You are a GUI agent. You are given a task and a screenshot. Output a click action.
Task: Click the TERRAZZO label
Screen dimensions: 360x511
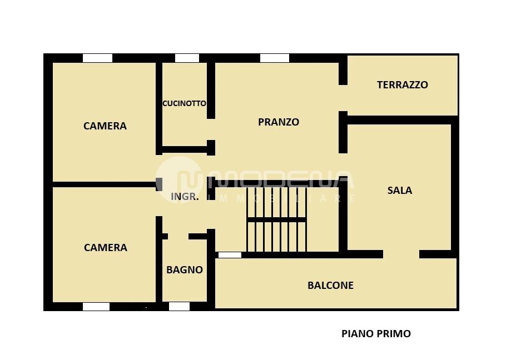tap(402, 85)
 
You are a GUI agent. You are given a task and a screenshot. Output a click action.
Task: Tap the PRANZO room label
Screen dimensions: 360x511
tap(278, 122)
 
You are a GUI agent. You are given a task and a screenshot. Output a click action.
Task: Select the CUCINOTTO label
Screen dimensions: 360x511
tap(184, 103)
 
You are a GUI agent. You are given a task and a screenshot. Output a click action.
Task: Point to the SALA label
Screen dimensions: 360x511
tap(399, 191)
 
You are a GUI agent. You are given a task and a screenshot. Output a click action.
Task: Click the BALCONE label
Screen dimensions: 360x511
tap(330, 286)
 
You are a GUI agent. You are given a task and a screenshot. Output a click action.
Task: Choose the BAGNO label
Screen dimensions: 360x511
tap(184, 270)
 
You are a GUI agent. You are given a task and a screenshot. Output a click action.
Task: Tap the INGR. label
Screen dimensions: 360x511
tap(184, 197)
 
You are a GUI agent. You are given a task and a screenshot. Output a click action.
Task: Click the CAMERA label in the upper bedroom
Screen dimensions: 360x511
tap(105, 126)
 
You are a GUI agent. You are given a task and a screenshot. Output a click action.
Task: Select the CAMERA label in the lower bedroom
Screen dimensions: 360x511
tap(105, 248)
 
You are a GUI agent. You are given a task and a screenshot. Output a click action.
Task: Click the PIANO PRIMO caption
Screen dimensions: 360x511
tap(376, 334)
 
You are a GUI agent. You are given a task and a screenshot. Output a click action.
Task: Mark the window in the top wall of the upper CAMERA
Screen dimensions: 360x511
tap(97, 58)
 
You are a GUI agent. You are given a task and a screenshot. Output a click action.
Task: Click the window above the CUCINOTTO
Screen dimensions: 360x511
tap(187, 58)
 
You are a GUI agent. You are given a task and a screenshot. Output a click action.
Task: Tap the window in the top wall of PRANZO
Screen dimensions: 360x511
tap(274, 58)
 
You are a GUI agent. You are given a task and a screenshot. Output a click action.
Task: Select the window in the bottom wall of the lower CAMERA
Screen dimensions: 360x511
tap(96, 307)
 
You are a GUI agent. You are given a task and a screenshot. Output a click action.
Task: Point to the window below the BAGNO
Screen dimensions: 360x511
tap(179, 307)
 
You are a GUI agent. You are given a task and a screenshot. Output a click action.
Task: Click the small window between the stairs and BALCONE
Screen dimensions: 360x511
tap(230, 255)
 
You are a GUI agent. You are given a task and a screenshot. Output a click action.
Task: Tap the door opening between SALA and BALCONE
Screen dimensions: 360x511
tap(401, 254)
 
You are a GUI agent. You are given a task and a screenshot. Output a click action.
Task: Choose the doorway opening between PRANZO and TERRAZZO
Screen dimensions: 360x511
tap(343, 98)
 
